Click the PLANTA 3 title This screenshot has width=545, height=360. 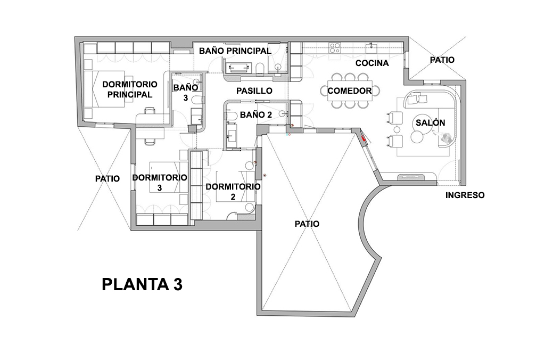point(142,284)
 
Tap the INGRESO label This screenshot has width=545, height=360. point(465,195)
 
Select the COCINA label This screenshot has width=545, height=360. point(372,63)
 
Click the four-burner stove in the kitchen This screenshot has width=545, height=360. point(335,48)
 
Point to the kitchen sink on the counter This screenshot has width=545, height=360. point(371,48)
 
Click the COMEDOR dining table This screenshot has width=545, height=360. point(350,91)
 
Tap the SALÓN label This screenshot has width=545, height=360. point(430,122)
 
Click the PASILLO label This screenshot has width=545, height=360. point(254,91)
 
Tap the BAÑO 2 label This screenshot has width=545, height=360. point(256,114)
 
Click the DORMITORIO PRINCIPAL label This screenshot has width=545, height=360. point(129,89)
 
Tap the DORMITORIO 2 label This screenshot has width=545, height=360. point(233,191)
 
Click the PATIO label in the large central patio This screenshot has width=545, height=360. point(307,224)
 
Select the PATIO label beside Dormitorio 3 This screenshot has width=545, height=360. point(108,179)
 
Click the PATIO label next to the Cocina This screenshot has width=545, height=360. point(442,60)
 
